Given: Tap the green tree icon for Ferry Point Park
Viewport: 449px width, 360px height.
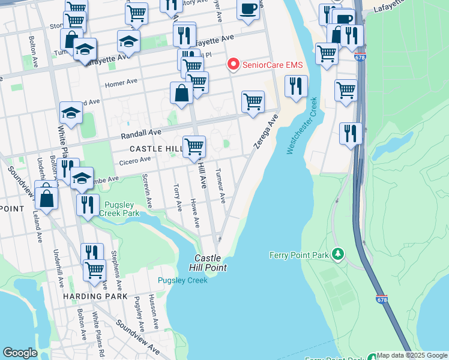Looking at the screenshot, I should (338, 255).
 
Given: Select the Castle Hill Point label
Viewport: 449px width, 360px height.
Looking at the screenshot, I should (208, 262).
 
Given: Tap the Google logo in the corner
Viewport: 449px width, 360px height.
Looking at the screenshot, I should (20, 353).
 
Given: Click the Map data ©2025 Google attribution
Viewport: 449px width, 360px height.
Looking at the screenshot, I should (412, 355).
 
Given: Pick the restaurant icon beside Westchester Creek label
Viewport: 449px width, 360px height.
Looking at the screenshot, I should (296, 86).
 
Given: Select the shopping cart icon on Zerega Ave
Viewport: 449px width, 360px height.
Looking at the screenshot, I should (253, 101).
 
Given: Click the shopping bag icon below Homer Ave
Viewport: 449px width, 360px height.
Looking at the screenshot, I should (181, 94).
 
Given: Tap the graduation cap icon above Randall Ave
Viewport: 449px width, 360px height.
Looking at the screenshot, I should (71, 112).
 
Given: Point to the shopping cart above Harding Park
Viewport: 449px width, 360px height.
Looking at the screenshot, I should (94, 270).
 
